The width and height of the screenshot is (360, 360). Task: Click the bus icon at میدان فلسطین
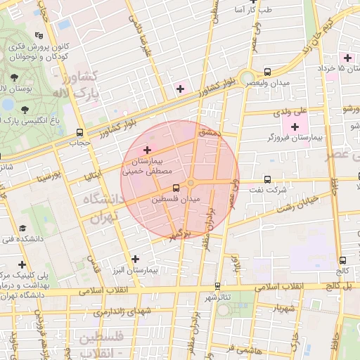point(175,188)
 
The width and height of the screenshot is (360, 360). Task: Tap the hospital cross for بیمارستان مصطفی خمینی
point(147,150)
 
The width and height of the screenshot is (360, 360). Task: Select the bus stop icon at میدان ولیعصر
point(267,72)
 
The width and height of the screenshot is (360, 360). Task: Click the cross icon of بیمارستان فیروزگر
point(294,126)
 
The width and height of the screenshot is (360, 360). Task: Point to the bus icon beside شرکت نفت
point(266,179)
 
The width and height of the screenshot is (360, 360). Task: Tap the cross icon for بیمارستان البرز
point(135,259)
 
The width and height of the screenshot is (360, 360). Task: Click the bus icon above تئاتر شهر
point(217,285)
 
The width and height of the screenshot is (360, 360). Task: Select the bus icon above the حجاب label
point(79,131)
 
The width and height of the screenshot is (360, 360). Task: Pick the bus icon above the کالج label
point(342,260)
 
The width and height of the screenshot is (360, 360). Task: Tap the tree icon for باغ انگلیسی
point(25,110)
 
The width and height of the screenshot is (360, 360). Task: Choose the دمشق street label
point(209,132)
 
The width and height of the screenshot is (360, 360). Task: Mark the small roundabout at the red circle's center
point(191,184)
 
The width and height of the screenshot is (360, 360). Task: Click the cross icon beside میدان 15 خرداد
point(346,57)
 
